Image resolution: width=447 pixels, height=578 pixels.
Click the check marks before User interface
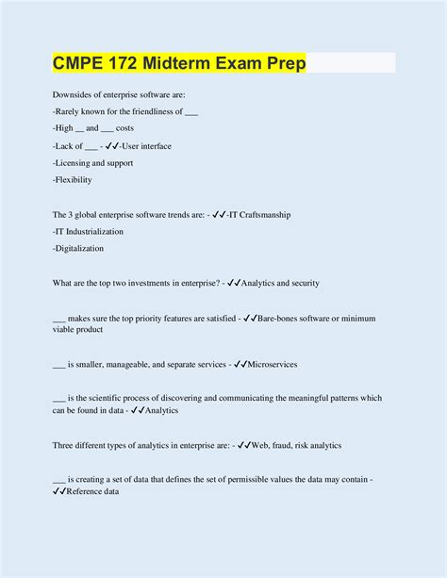point(111,146)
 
